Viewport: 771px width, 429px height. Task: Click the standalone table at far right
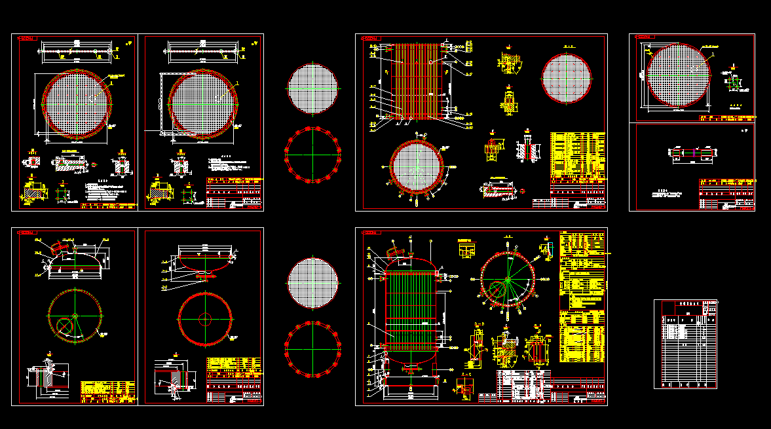coord(685,344)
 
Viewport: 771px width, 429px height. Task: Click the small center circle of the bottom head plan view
coord(205,319)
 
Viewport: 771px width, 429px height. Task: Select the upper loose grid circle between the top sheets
coord(313,88)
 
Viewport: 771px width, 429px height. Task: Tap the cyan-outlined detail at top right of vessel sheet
coord(546,246)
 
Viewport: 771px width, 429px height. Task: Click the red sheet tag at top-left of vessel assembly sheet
coord(371,233)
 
